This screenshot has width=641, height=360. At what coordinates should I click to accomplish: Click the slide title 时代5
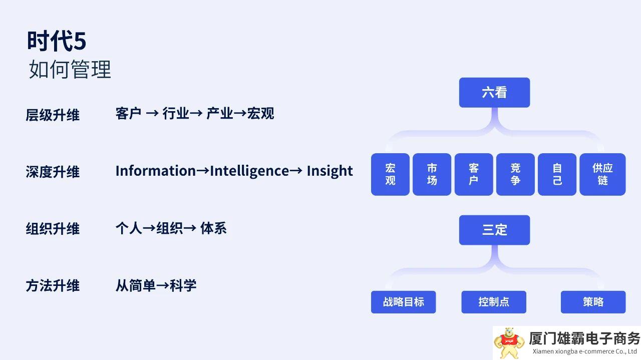click(x=57, y=41)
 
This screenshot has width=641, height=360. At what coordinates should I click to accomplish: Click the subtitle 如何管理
click(x=70, y=70)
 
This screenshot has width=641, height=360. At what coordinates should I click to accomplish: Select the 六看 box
click(x=494, y=93)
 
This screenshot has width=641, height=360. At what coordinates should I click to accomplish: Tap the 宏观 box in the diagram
click(x=390, y=174)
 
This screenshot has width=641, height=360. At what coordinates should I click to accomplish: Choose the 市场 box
click(x=432, y=174)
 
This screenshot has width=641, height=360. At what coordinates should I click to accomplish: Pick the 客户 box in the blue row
click(x=474, y=174)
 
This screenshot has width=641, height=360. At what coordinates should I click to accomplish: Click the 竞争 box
click(x=515, y=174)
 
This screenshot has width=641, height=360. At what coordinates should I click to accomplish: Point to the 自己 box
click(x=557, y=174)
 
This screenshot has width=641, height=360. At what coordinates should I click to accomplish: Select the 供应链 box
click(x=602, y=174)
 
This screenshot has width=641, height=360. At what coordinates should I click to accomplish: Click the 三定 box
click(x=494, y=230)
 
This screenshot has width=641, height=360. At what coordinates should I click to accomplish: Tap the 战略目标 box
click(x=403, y=302)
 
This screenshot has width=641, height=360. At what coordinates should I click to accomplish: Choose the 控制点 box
click(x=494, y=302)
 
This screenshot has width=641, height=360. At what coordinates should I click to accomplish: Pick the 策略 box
click(x=593, y=302)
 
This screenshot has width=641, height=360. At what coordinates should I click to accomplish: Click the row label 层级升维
click(x=53, y=115)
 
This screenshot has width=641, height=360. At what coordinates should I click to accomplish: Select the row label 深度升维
click(x=53, y=172)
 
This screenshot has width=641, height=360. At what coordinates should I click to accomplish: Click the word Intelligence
click(x=249, y=171)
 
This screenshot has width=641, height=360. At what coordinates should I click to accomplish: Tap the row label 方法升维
click(x=53, y=286)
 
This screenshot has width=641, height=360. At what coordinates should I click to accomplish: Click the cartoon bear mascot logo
click(x=509, y=342)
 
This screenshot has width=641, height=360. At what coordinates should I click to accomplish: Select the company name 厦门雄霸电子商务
click(x=584, y=338)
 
